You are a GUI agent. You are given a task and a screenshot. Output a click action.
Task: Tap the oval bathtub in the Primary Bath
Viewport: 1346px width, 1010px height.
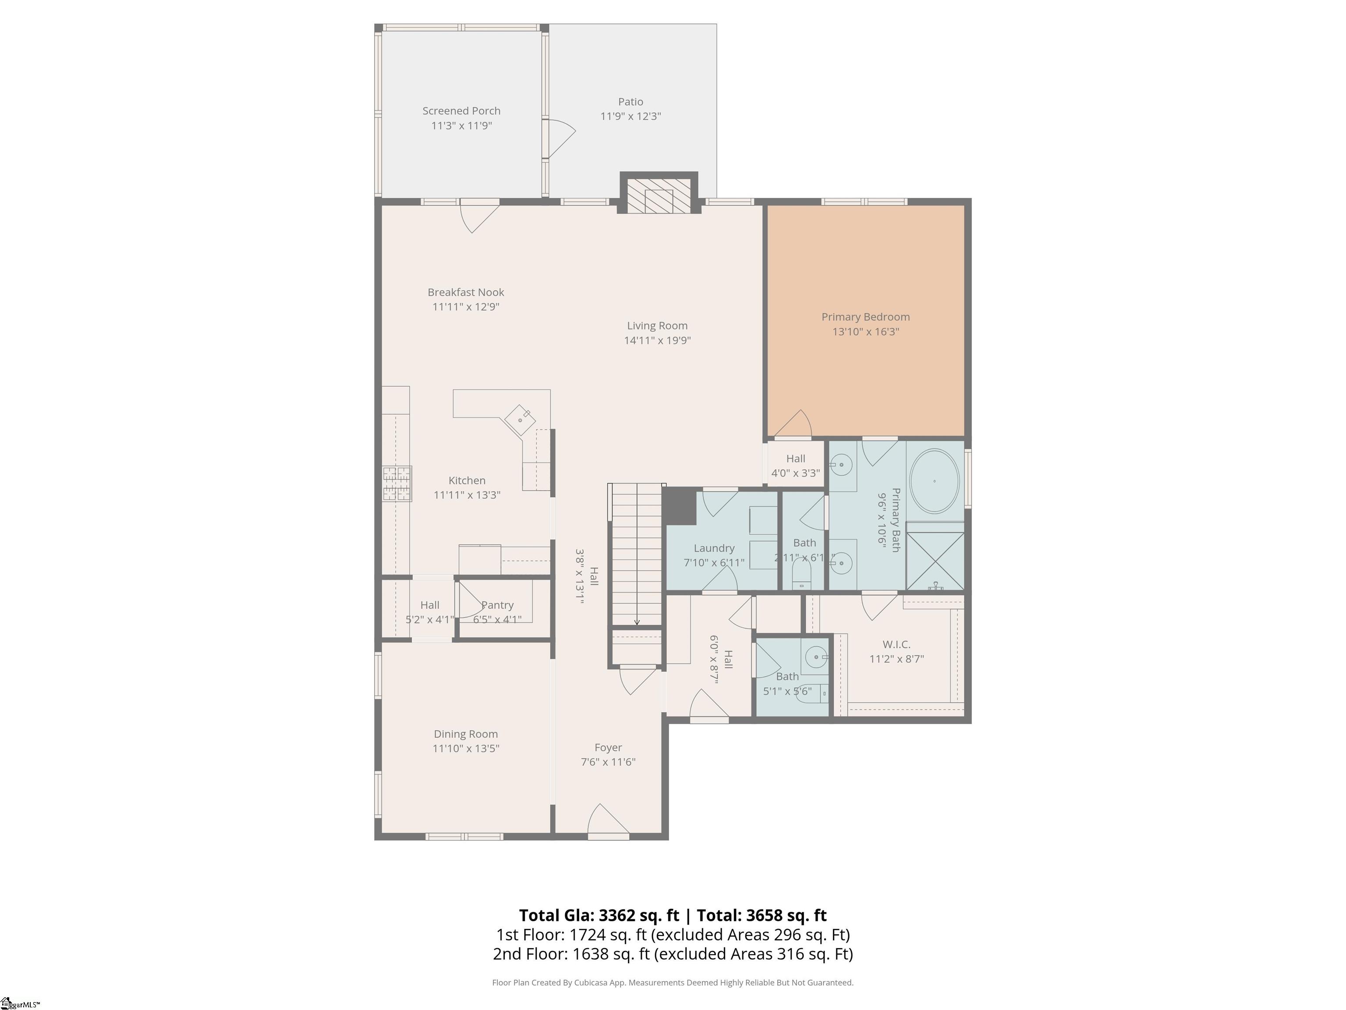point(934,481)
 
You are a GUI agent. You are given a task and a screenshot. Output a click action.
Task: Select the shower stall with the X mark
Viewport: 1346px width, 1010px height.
point(935,561)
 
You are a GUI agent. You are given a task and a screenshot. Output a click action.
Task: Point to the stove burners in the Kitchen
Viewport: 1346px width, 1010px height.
point(397,484)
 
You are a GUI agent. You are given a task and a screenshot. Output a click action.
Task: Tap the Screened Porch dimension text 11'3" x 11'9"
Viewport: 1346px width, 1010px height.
point(461,126)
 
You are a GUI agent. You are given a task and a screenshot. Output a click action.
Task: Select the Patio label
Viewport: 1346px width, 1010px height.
point(630,102)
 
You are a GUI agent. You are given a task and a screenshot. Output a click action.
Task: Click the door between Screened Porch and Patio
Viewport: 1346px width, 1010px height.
point(559,138)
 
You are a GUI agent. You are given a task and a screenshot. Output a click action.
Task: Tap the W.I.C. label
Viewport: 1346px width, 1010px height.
point(896,644)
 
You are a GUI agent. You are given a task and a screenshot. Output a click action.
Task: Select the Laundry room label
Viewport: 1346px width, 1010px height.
point(714,548)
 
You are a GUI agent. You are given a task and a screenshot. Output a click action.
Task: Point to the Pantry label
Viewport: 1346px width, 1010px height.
point(498,605)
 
